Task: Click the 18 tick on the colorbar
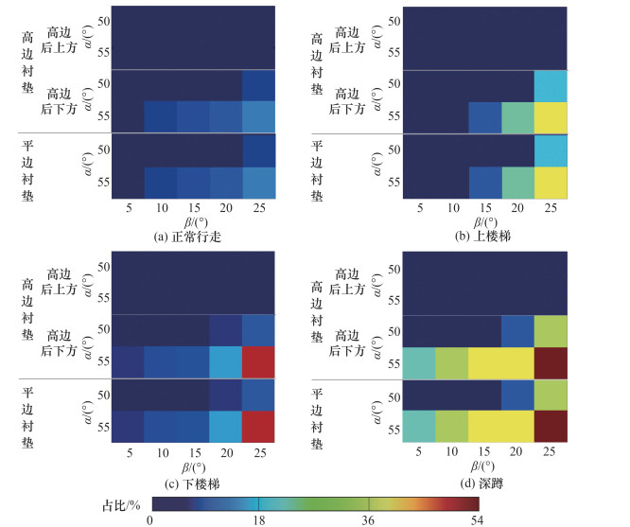click(259, 519)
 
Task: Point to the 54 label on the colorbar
click(477, 519)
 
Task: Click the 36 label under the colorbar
click(368, 519)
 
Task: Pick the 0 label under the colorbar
click(150, 519)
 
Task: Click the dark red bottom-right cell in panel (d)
click(551, 429)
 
